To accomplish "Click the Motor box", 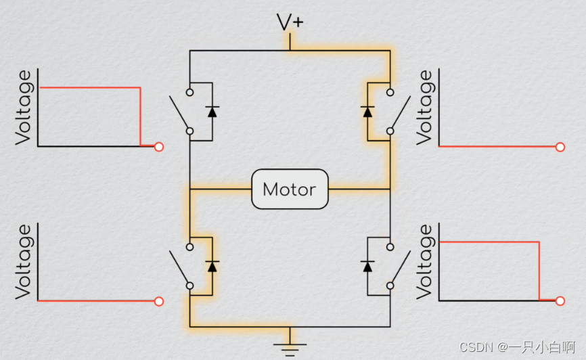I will pyautogui.click(x=289, y=189).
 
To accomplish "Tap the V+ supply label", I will pyautogui.click(x=290, y=22).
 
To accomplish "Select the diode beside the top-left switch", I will pyautogui.click(x=212, y=111).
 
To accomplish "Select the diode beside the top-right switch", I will pyautogui.click(x=368, y=111).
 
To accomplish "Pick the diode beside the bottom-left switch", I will pyautogui.click(x=212, y=266).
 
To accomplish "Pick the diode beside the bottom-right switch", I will pyautogui.click(x=368, y=266).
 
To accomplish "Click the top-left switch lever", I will pyautogui.click(x=180, y=112).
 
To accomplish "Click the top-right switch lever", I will pyautogui.click(x=401, y=112).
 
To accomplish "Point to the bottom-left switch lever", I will pyautogui.click(x=180, y=267).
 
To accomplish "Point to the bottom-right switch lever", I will pyautogui.click(x=401, y=267).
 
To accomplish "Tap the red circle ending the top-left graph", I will pyautogui.click(x=159, y=146).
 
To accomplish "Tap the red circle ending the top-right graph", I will pyautogui.click(x=560, y=147).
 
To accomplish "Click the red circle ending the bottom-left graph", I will pyautogui.click(x=159, y=301).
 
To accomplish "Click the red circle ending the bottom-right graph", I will pyautogui.click(x=560, y=301).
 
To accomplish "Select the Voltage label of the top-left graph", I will pyautogui.click(x=24, y=108).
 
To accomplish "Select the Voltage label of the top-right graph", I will pyautogui.click(x=425, y=108).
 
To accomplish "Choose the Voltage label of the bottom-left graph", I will pyautogui.click(x=24, y=263).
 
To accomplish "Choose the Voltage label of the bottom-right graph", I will pyautogui.click(x=425, y=263).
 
